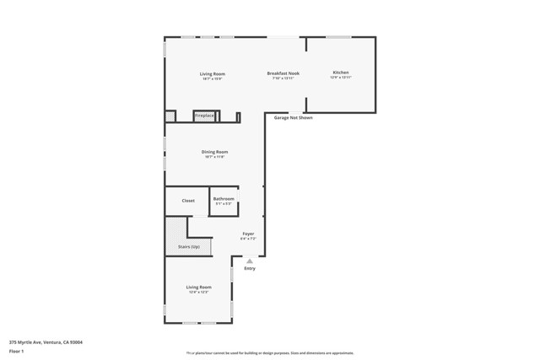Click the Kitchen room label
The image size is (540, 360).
pos(340,73)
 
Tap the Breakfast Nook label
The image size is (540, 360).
pos(283,73)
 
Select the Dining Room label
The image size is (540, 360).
pos(214,152)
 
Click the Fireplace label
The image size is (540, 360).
pos(204,115)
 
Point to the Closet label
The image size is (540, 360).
pos(188,201)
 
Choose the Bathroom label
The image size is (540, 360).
pos(224,198)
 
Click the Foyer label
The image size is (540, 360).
pos(248,234)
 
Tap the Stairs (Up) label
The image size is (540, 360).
pos(188,247)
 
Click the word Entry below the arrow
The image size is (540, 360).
pos(250,268)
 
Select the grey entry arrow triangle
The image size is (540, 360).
pos(250,261)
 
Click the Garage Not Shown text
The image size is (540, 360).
pos(293,118)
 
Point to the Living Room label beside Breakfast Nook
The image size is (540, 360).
pos(212,73)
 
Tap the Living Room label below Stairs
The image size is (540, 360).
pos(198,287)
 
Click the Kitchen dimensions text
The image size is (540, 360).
pos(340,78)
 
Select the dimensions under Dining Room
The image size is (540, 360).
pos(214,157)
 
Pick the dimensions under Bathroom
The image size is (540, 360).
pos(224,203)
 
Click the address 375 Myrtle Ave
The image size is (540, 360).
pos(46,342)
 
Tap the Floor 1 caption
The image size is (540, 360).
pos(17,352)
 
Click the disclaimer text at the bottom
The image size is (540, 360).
pos(269,352)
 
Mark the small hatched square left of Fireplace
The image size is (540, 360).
pos(170,116)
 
